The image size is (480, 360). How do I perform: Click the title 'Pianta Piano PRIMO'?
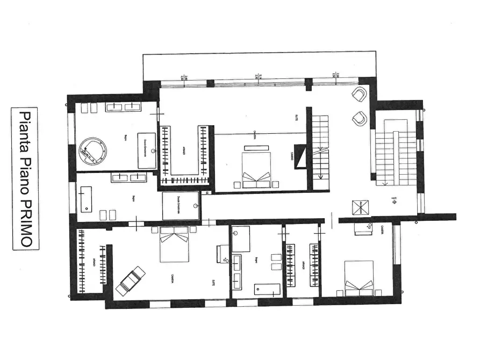(x=25, y=179)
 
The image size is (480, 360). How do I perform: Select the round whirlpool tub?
(x=92, y=151)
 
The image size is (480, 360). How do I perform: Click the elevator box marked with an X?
(x=359, y=207)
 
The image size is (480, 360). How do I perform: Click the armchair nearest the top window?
(x=359, y=95)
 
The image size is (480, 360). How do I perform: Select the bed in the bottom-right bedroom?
(x=359, y=276)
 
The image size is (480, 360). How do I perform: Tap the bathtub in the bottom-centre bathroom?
(x=267, y=289)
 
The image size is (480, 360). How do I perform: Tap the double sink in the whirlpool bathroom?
(x=124, y=107)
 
